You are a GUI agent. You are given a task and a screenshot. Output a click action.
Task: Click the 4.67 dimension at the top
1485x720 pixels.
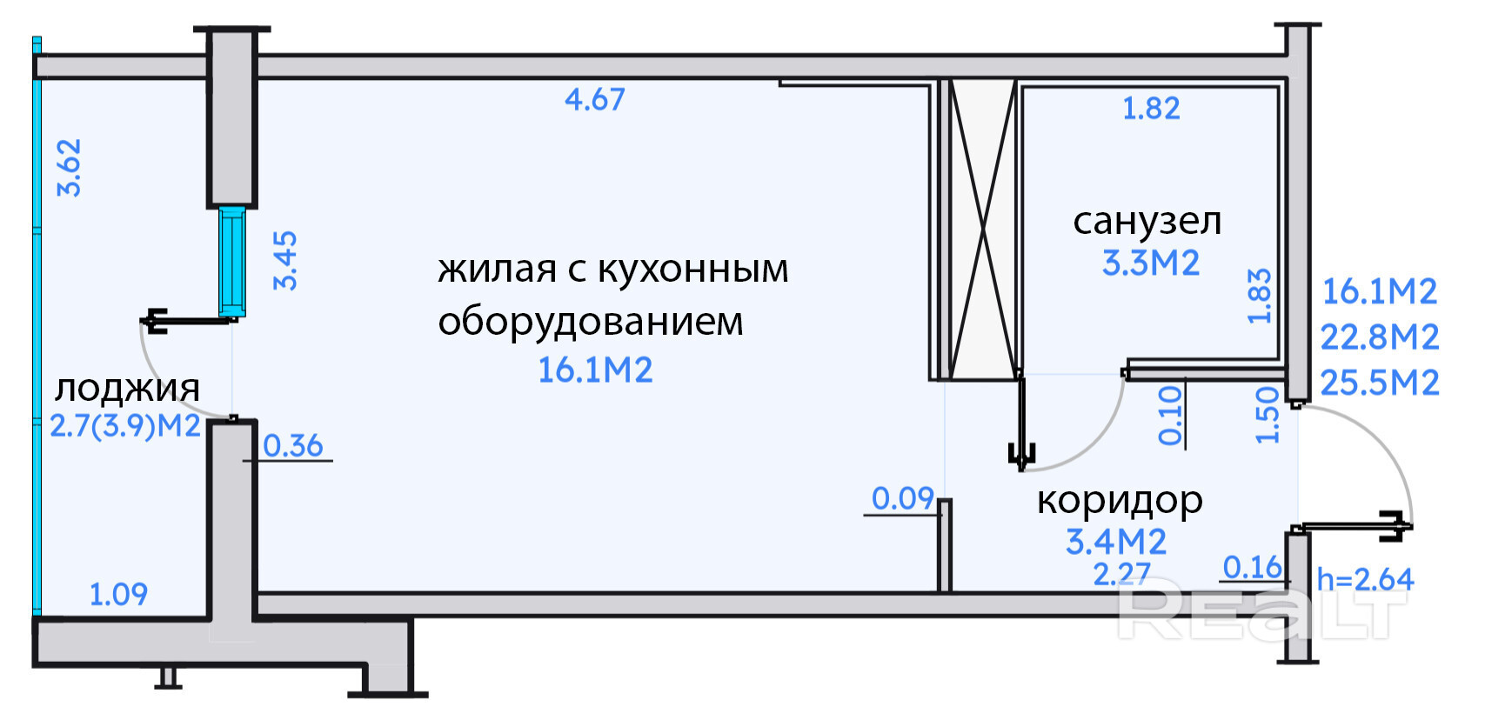tap(595, 99)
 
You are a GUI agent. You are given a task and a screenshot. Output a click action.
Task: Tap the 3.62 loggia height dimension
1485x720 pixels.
tap(69, 168)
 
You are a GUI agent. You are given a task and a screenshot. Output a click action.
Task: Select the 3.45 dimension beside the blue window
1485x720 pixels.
tap(285, 260)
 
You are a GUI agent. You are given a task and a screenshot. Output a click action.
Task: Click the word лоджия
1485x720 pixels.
tap(127, 388)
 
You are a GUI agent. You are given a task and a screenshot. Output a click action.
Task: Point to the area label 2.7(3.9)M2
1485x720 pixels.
tap(125, 427)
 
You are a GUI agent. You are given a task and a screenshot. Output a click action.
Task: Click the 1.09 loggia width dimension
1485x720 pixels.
tap(118, 595)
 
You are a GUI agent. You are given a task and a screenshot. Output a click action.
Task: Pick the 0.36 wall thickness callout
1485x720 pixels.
tap(292, 446)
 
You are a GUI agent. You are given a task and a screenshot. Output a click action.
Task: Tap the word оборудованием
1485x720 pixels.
tap(591, 322)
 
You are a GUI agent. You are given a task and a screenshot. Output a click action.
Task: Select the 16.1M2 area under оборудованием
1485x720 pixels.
tap(595, 370)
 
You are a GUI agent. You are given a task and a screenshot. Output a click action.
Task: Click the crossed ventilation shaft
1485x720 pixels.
tap(982, 230)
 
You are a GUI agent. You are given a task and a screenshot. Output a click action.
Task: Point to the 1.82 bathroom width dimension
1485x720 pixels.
tap(1151, 109)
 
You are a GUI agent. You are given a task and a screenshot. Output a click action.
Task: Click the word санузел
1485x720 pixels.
tap(1147, 221)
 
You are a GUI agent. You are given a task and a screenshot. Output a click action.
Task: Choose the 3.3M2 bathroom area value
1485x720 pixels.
tap(1151, 263)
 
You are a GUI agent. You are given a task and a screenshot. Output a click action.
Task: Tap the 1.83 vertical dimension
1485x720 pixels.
tap(1260, 296)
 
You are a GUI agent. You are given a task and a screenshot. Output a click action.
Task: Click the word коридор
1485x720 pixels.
tap(1120, 501)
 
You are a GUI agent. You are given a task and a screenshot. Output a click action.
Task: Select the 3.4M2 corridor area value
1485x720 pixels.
tap(1116, 542)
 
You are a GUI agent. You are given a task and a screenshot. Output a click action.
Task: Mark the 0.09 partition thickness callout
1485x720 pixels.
tap(903, 498)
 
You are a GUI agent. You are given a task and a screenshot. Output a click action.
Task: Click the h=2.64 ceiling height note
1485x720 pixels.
tap(1365, 579)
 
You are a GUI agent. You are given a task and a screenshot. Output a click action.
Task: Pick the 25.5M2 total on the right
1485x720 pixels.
tap(1380, 383)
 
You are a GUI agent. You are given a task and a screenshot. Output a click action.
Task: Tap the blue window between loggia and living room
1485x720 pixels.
tap(231, 261)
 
